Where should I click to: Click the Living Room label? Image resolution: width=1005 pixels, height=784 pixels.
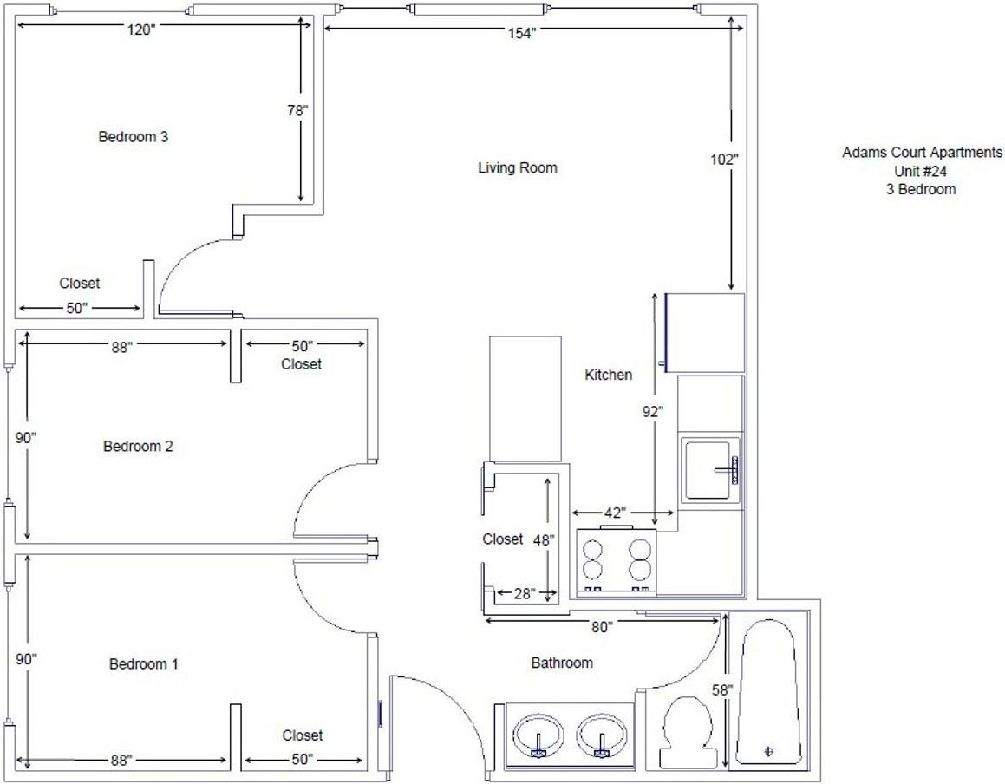tap(518, 168)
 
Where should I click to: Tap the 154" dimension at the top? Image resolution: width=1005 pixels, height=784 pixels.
tap(522, 34)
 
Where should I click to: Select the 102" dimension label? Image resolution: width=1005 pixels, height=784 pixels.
tap(724, 159)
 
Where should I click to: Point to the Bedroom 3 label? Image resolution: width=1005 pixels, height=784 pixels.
tap(134, 136)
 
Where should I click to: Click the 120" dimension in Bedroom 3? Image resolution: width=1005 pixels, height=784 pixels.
tap(141, 29)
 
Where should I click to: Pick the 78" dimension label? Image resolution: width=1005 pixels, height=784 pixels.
tap(297, 110)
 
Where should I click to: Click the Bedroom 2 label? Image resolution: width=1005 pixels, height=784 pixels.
tap(138, 446)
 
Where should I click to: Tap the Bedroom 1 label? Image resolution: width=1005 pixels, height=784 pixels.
tap(144, 664)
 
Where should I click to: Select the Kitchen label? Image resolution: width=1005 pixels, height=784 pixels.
tap(608, 375)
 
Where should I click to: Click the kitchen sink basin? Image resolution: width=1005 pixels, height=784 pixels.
tap(708, 471)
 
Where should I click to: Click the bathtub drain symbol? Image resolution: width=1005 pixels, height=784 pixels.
tap(768, 751)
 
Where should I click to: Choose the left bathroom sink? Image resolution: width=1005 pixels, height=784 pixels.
tap(538, 735)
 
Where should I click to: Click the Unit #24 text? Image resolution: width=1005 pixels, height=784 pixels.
tap(920, 171)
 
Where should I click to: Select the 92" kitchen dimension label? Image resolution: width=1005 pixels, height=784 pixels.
tap(652, 412)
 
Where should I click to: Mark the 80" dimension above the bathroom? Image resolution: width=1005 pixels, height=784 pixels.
tap(601, 627)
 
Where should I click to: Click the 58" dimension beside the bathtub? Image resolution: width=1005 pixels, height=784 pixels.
tap(721, 689)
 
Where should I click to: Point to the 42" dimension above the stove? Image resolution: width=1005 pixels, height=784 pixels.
tap(614, 513)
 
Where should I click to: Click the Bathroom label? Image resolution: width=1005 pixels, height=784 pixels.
tap(562, 663)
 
